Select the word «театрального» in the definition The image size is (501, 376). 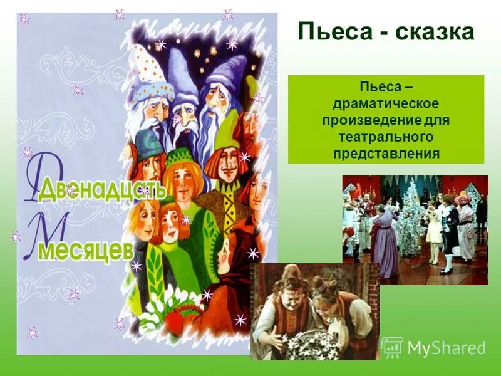click(x=386, y=136)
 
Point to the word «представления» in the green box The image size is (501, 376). click(x=386, y=152)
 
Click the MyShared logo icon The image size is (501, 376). click(x=393, y=347)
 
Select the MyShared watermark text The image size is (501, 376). click(x=447, y=348)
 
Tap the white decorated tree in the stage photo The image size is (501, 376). click(x=413, y=219)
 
